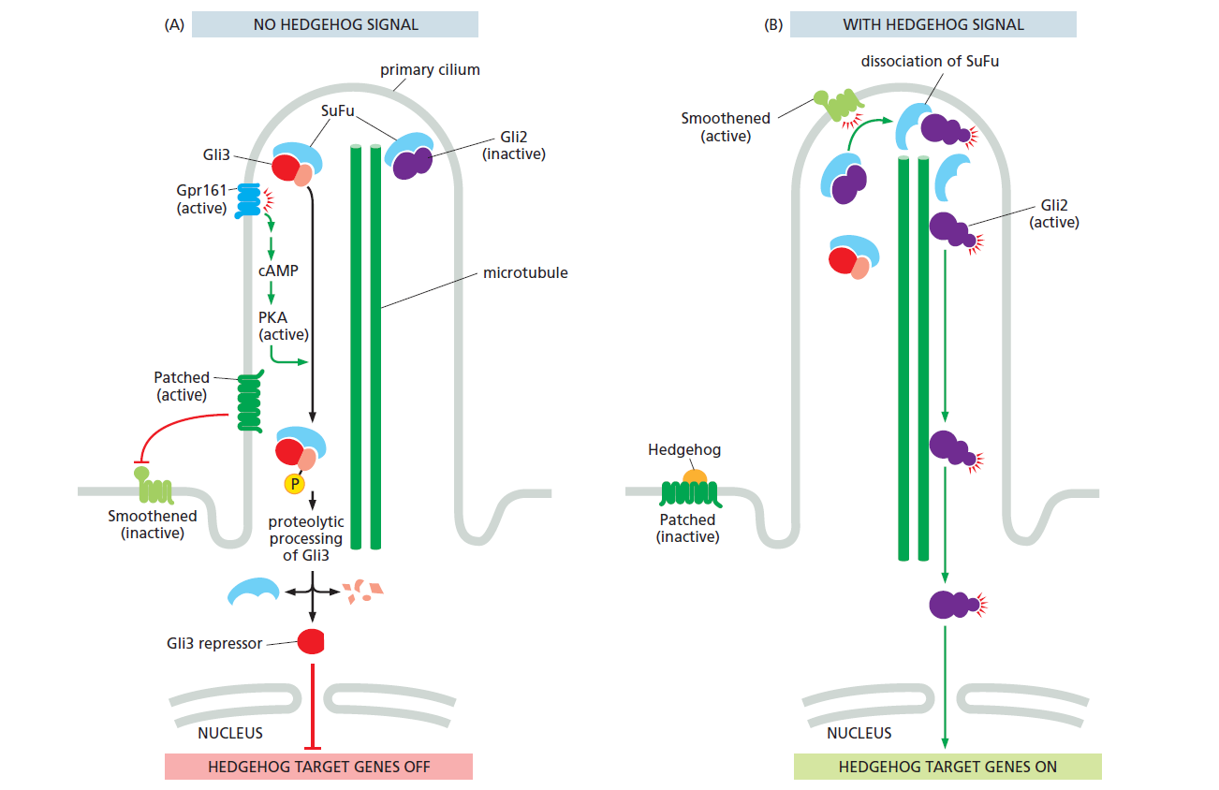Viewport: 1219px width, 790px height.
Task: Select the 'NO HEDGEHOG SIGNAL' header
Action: (x=335, y=24)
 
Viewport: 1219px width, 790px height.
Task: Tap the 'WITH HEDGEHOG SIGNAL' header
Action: (x=933, y=24)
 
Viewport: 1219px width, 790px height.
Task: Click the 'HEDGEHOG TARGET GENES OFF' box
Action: (x=318, y=767)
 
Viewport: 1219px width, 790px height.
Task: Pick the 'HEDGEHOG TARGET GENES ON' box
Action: (x=947, y=767)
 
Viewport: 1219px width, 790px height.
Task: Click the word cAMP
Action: (x=278, y=271)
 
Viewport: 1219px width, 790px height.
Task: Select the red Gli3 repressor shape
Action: (x=311, y=641)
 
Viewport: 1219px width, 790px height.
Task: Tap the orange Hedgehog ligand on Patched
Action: (x=694, y=476)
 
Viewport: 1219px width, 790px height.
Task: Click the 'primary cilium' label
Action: (x=430, y=70)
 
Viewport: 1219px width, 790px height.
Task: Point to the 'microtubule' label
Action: (x=525, y=273)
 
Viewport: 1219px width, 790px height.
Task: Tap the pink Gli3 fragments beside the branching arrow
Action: (x=361, y=592)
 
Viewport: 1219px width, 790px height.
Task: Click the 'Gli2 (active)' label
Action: (x=1054, y=214)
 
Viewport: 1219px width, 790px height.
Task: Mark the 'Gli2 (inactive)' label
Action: (x=514, y=145)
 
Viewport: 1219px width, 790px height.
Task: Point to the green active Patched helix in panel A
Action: (x=249, y=402)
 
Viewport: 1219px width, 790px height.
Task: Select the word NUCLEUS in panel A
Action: (x=230, y=733)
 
